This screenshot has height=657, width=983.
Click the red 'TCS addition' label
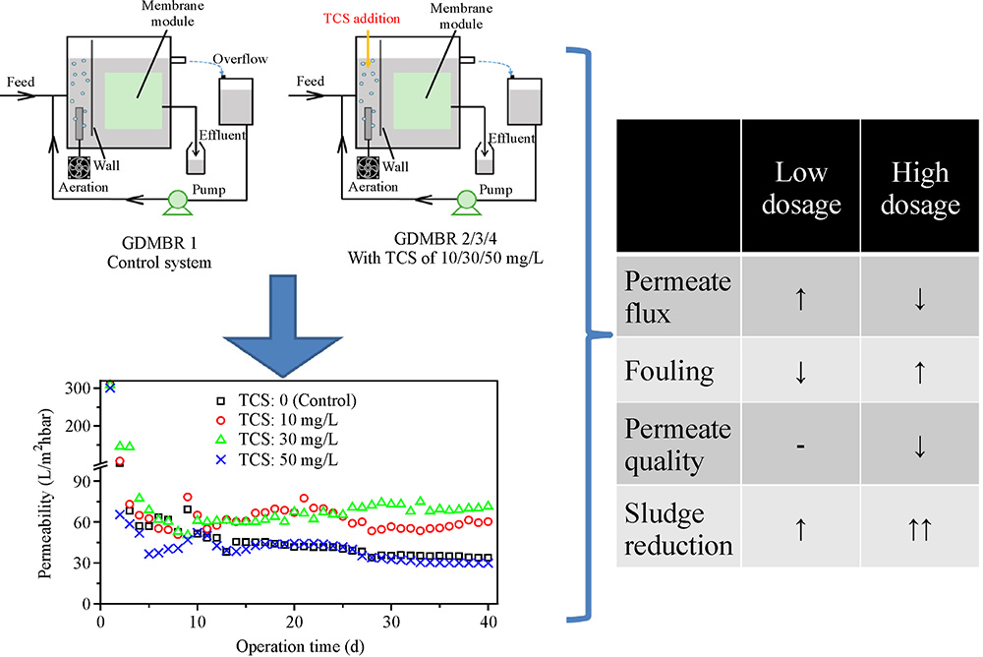362,19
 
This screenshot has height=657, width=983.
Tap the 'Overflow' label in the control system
240,59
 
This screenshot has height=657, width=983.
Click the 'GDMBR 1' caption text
159,243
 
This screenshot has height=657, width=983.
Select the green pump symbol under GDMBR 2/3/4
466,202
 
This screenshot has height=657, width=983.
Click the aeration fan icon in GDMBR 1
79,167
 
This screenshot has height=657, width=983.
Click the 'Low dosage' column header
801,188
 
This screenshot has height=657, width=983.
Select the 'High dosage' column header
920,188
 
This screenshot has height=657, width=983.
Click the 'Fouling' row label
668,371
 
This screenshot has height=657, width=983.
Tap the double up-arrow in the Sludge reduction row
920,529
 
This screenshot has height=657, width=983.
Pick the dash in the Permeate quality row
800,447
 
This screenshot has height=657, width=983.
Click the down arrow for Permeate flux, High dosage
920,299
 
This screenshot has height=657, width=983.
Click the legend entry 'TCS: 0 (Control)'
285,400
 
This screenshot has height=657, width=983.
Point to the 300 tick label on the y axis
78,388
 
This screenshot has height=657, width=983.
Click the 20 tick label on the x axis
294,622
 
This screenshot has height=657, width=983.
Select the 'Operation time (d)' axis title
300,646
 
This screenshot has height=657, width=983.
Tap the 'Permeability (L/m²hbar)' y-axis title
45,493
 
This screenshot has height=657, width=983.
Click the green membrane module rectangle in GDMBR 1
134,101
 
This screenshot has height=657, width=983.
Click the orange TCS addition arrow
368,50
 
